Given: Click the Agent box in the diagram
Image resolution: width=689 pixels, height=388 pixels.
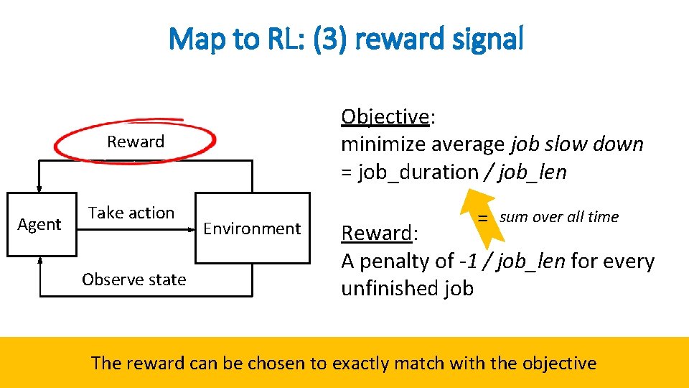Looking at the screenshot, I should (40, 225).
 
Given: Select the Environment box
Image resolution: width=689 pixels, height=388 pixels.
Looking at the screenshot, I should (252, 228).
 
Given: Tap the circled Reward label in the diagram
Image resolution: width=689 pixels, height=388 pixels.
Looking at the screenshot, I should (136, 142).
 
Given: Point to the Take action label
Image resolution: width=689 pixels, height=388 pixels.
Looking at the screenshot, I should (131, 213).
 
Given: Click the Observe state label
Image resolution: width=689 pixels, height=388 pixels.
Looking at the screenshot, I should (133, 280).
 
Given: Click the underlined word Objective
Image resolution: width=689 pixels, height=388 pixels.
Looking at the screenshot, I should (385, 116).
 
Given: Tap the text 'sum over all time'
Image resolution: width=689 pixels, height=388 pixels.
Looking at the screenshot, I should (558, 217).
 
